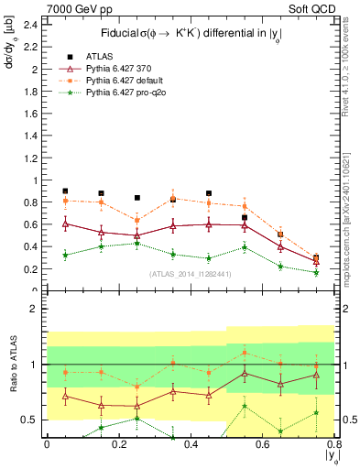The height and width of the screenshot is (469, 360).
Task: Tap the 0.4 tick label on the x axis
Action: (x=191, y=444)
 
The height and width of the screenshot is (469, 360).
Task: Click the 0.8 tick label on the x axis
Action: (x=333, y=444)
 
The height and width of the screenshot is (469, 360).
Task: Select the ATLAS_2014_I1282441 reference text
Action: (x=190, y=272)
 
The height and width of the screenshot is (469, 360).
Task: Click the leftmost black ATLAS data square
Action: (x=65, y=191)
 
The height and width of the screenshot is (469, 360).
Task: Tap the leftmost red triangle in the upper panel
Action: (x=65, y=224)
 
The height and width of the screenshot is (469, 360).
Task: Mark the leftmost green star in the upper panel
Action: (x=65, y=255)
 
